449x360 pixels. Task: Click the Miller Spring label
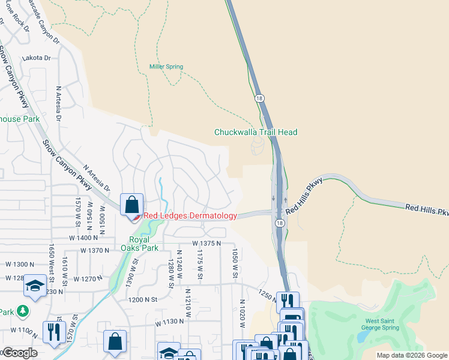166,67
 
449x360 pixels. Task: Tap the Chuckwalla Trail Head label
256,132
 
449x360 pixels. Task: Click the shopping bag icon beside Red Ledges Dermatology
131,204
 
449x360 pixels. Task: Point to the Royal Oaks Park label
139,243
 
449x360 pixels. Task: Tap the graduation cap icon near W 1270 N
35,286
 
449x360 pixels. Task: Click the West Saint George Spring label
382,324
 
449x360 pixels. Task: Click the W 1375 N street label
206,243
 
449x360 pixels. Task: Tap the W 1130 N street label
169,322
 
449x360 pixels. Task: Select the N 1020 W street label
242,313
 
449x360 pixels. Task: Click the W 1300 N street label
20,264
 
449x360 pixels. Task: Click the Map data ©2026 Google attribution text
411,355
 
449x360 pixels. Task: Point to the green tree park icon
23,311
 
